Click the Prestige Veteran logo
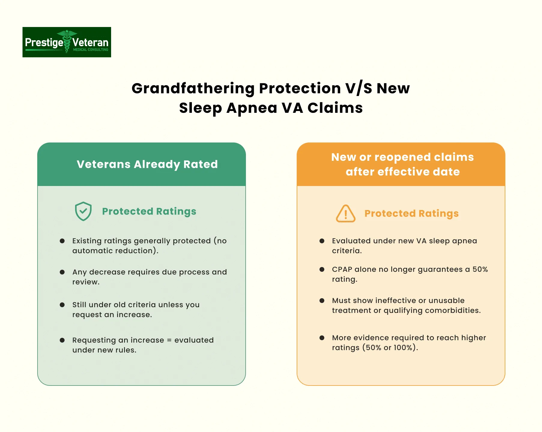coord(67,42)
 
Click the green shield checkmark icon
coord(83,211)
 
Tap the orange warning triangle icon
coord(346,214)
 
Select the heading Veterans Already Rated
coord(147,164)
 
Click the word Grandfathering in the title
coord(193,89)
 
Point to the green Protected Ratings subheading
coord(149,211)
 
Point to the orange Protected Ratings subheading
coord(412,214)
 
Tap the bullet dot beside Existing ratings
coord(62,241)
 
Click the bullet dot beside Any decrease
coord(62,272)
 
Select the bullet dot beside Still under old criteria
coord(62,305)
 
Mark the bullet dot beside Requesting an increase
coord(62,340)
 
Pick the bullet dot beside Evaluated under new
coord(322,241)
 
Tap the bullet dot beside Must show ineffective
coord(322,301)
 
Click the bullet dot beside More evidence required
coord(322,338)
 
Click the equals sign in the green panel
coord(169,340)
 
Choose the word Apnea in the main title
coord(252,108)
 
